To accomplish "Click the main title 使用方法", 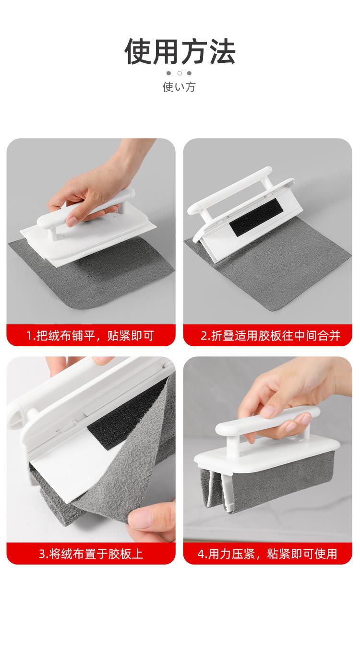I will pos(180,52).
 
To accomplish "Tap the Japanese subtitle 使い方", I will pos(180,87).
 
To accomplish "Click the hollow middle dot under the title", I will pos(180,73).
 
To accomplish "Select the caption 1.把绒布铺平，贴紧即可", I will pos(90,335).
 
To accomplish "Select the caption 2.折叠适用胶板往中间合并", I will pos(270,335).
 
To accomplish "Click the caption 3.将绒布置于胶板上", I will pos(90,554).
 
